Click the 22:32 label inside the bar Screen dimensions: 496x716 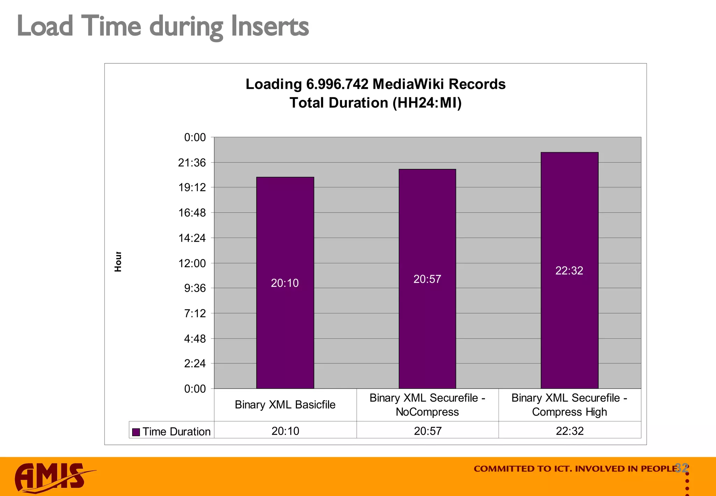[569, 271]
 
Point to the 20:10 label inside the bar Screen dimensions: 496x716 [285, 283]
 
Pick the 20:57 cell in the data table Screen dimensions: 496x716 [428, 431]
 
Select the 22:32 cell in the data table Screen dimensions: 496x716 [570, 431]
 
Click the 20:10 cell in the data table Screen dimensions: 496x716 [285, 431]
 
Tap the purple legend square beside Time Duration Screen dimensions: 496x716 [136, 432]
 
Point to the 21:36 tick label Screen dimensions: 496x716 [192, 163]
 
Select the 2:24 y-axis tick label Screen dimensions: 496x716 [195, 364]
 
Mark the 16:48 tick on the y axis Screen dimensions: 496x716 [192, 213]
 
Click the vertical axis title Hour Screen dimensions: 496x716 [118, 262]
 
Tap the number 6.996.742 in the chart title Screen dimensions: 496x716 [337, 84]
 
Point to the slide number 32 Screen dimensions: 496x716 [681, 468]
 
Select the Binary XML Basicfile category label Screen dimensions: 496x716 [285, 405]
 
